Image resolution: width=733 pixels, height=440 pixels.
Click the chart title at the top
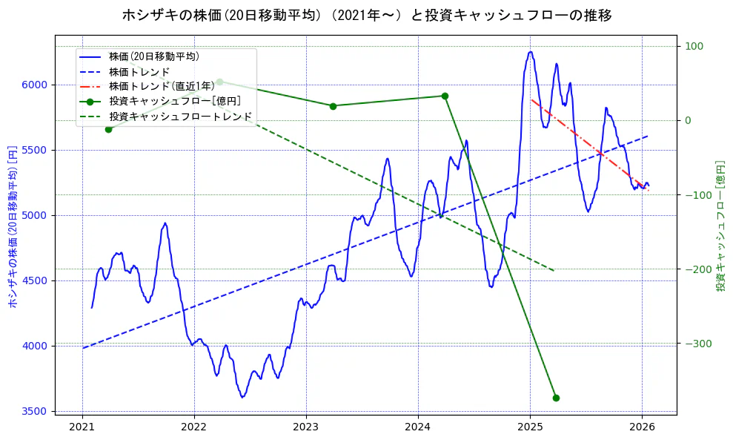pyautogui.click(x=366, y=15)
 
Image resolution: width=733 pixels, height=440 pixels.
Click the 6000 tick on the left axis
pyautogui.click(x=35, y=85)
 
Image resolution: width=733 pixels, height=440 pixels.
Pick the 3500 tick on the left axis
pyautogui.click(x=35, y=411)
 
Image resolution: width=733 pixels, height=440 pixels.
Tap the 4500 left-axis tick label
pyautogui.click(x=35, y=280)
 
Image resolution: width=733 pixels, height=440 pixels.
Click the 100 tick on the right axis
pyautogui.click(x=693, y=47)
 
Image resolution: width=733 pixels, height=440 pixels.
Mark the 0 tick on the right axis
pyautogui.click(x=688, y=121)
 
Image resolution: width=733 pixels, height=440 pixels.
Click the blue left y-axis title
pyautogui.click(x=12, y=226)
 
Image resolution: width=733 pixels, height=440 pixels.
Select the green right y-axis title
pyautogui.click(x=720, y=226)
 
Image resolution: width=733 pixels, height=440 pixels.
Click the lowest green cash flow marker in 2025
pyautogui.click(x=556, y=398)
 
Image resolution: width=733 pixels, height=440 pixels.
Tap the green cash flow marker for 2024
pyautogui.click(x=445, y=96)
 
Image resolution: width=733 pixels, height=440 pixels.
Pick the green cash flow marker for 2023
pyautogui.click(x=333, y=106)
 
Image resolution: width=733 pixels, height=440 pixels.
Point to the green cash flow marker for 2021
pyautogui.click(x=108, y=129)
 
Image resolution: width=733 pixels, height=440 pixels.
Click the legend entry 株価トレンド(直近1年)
pyautogui.click(x=162, y=86)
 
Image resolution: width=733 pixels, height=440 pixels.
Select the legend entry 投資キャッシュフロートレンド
pyautogui.click(x=180, y=117)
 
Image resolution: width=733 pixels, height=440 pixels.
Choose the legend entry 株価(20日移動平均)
pyautogui.click(x=153, y=56)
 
